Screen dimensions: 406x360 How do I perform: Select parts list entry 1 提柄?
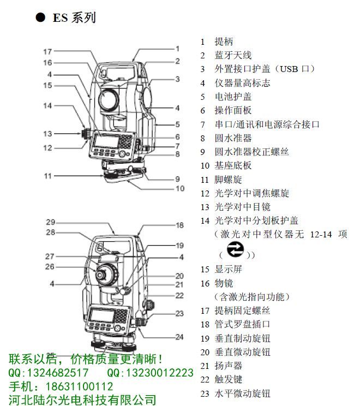[216, 41]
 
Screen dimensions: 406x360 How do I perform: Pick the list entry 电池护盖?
[226, 97]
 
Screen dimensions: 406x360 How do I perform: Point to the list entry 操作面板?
[226, 110]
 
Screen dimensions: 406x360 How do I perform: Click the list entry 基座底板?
[226, 165]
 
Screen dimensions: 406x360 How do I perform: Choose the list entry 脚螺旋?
[221, 179]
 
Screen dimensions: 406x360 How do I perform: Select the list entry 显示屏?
[221, 269]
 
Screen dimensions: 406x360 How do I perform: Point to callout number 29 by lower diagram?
[50, 222]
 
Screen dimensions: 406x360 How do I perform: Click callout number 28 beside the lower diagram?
[50, 232]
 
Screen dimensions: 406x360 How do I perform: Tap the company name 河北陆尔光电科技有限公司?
[82, 399]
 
